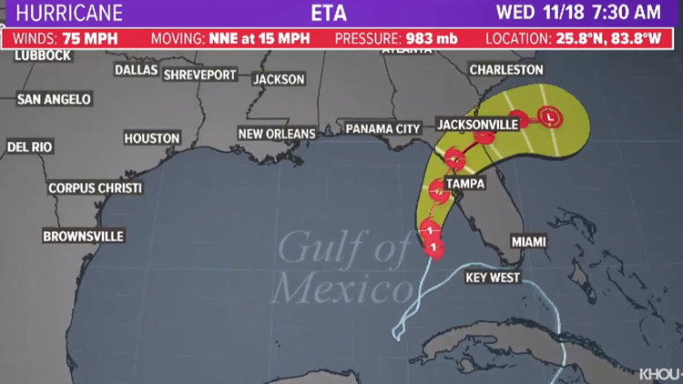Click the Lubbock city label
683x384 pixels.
click(42, 56)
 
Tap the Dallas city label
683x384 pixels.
click(136, 70)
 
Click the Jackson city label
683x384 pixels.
click(279, 79)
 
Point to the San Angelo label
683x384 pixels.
click(55, 99)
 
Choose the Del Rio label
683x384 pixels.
click(29, 147)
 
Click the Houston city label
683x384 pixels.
click(152, 138)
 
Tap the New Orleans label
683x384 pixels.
click(276, 134)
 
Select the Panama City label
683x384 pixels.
click(382, 129)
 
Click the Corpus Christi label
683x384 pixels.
click(95, 188)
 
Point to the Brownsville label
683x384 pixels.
click(83, 237)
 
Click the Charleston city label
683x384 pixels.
click(505, 70)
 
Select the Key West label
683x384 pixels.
click(493, 278)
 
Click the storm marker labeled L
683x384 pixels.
click(550, 116)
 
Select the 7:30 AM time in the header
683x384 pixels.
click(632, 14)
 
